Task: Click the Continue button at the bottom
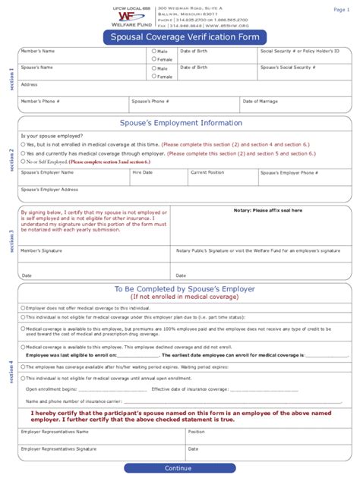[178, 468]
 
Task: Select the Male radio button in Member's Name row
[154, 52]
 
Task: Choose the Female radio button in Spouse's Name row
[154, 76]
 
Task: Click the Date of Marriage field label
[261, 101]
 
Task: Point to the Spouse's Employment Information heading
[181, 123]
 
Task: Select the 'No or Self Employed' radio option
[24, 162]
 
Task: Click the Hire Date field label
[142, 172]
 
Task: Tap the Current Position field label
[207, 172]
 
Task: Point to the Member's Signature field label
[42, 250]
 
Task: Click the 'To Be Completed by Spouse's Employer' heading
[185, 289]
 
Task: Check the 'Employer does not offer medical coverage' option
[23, 308]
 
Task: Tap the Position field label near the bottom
[197, 432]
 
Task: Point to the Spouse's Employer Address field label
[49, 189]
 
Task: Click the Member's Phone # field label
[40, 101]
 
